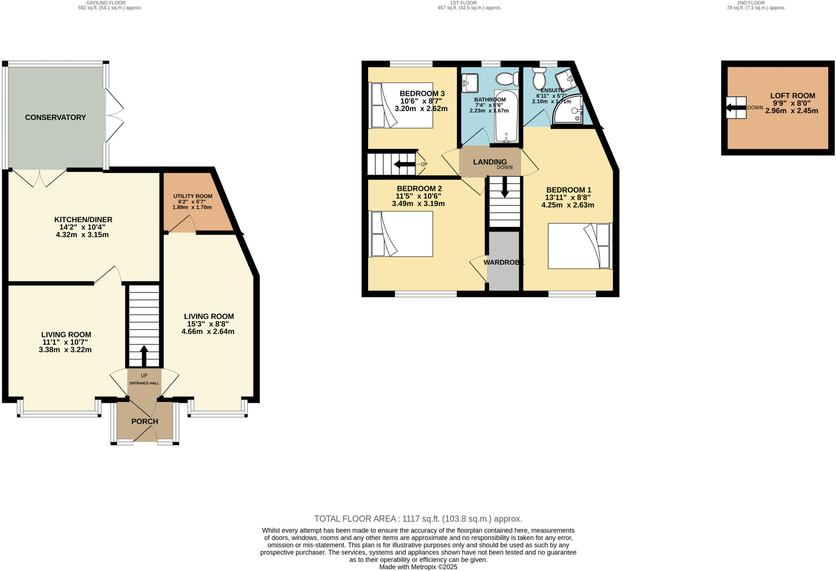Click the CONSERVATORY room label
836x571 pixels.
(x=56, y=118)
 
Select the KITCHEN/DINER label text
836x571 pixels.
(x=83, y=220)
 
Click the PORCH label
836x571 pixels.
(x=145, y=422)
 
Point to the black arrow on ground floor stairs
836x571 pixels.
(x=144, y=356)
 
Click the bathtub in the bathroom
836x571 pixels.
(x=506, y=116)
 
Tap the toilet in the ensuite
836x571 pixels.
(x=539, y=78)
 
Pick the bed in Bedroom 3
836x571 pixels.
(x=400, y=105)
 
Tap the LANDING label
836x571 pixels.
(x=490, y=162)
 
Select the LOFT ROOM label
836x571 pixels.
(x=792, y=96)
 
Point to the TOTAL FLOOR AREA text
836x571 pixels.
(x=418, y=519)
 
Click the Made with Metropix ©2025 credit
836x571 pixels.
(x=418, y=567)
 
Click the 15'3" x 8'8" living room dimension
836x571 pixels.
(x=208, y=324)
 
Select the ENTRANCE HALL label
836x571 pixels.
(x=144, y=383)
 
